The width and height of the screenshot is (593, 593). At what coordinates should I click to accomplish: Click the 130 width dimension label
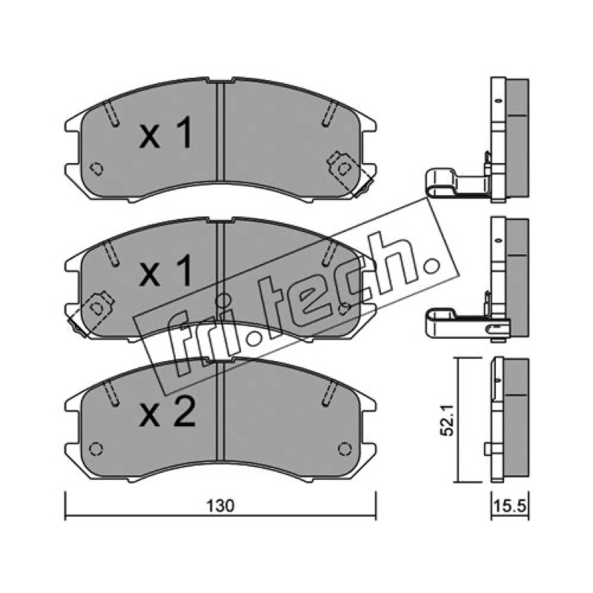pos(220,506)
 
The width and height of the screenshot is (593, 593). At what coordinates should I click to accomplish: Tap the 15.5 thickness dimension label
pos(509,506)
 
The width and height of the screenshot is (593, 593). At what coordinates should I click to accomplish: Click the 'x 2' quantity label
pos(168,413)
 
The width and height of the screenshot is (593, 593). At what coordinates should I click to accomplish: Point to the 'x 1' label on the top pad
pos(166,133)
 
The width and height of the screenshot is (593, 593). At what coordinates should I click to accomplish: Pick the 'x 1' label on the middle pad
pos(166,271)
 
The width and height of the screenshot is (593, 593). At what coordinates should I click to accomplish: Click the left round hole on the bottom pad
pos(96,449)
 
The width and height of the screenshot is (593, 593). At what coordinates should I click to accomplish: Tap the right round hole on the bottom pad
pos(345,449)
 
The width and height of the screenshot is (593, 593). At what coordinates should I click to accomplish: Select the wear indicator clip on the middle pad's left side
pos(90,313)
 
